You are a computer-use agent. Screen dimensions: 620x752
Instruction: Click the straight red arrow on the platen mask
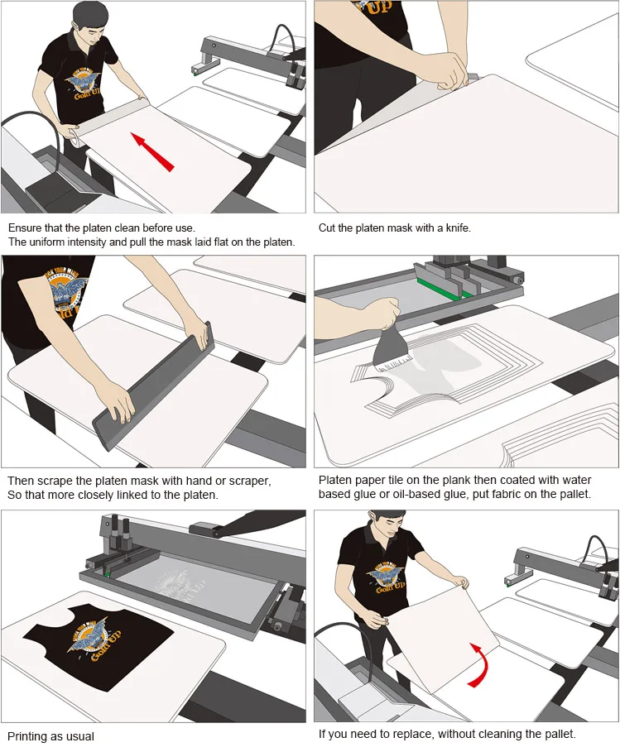[152, 152]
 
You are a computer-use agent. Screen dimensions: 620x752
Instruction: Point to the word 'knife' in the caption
[458, 228]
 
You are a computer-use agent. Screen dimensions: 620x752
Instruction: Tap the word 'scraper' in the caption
[251, 481]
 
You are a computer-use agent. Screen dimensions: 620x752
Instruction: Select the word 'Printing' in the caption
[26, 736]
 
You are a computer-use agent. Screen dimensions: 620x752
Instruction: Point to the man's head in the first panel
[88, 23]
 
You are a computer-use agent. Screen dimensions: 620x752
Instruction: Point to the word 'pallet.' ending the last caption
[559, 734]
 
